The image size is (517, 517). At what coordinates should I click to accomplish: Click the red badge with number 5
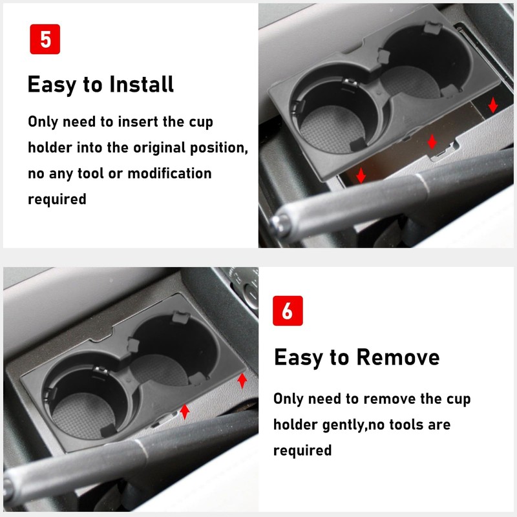pyautogui.click(x=45, y=39)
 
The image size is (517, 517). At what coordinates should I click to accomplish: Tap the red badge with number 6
pyautogui.click(x=288, y=311)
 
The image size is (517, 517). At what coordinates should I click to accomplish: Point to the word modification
pyautogui.click(x=169, y=173)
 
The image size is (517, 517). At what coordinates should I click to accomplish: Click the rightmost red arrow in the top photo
pyautogui.click(x=493, y=105)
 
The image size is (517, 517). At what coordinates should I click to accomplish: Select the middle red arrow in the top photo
pyautogui.click(x=432, y=142)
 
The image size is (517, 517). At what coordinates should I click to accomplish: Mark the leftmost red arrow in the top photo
pyautogui.click(x=361, y=174)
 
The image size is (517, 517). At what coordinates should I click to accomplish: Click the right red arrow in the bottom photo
pyautogui.click(x=242, y=381)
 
